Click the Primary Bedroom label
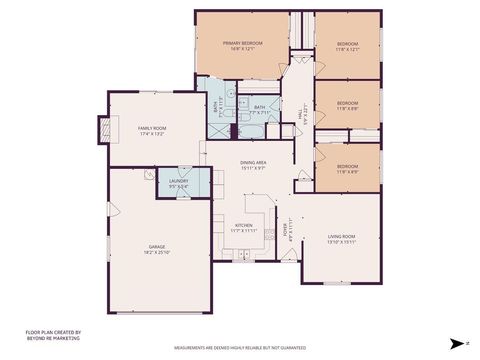tap(242, 43)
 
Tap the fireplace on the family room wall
tap(101, 127)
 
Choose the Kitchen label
tap(245, 225)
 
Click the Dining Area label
tap(253, 162)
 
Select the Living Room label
tap(341, 236)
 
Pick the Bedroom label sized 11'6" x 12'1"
tap(347, 44)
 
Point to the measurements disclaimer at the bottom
tap(240, 348)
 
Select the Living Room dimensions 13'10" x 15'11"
tap(341, 242)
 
